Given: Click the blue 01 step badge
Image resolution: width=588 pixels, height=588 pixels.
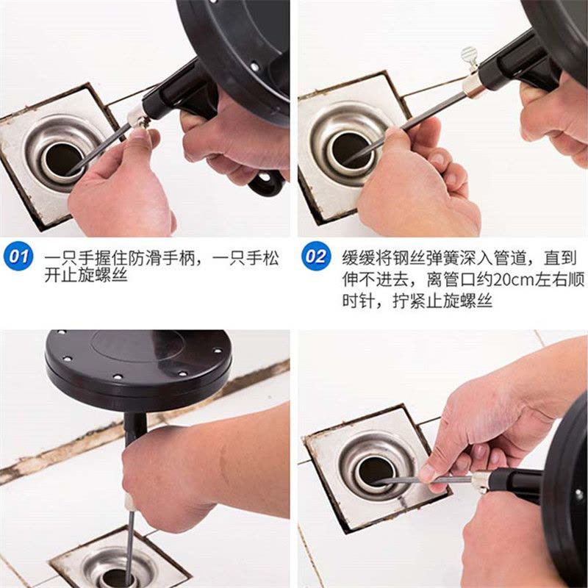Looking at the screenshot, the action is pos(18,257).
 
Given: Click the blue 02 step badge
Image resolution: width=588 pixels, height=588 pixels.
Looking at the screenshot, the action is pos(316,257).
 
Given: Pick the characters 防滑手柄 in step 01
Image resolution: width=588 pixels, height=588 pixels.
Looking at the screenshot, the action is pos(161,258).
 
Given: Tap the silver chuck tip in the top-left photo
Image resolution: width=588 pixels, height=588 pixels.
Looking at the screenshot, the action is pos(135,117).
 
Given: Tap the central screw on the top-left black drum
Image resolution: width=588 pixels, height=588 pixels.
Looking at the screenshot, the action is pos(254,67).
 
